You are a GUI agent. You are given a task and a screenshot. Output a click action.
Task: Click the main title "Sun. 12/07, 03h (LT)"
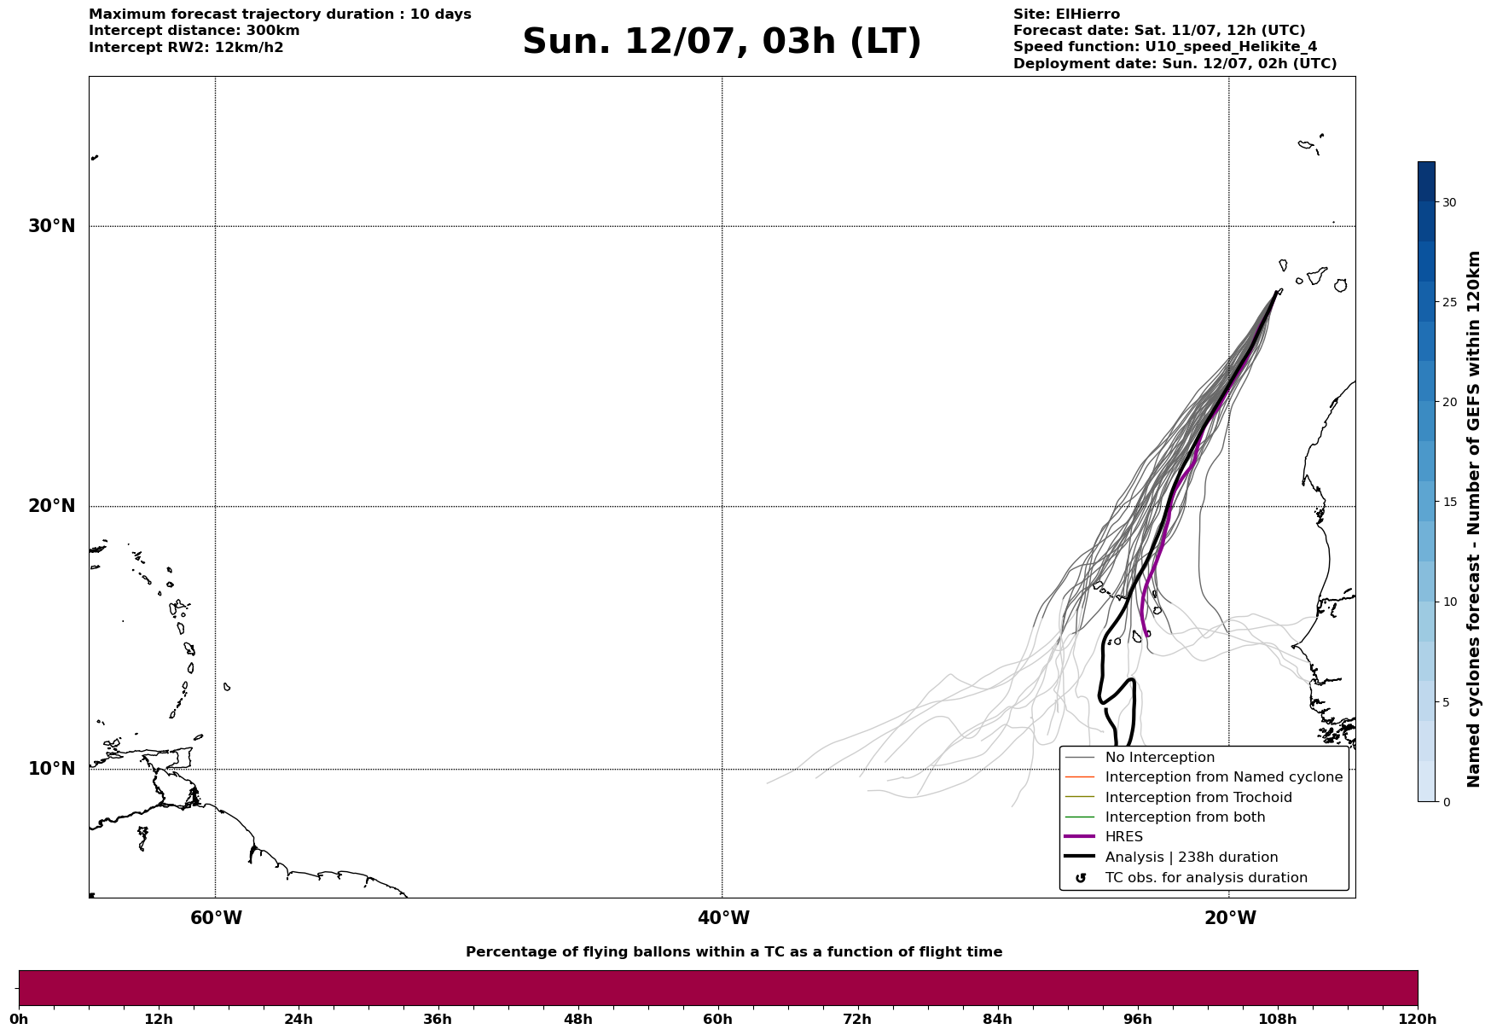(722, 42)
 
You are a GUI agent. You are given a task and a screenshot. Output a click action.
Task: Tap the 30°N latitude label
(51, 226)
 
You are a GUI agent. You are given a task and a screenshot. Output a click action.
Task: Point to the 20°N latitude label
(51, 506)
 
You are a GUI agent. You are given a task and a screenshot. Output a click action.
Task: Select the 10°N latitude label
(51, 769)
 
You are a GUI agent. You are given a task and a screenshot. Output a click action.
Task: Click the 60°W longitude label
(216, 918)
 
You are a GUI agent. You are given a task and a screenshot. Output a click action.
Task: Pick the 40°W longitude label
(723, 918)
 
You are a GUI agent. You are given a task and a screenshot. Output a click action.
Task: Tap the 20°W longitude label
(1230, 918)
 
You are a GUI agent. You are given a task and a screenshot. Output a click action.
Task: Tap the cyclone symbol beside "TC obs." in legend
(1081, 878)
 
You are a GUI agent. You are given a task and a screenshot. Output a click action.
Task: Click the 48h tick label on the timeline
(577, 1019)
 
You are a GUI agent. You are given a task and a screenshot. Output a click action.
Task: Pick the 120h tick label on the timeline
(1417, 1019)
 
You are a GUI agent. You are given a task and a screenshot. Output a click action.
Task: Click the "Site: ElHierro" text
(1066, 15)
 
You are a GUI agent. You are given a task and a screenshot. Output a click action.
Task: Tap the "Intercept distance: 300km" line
(194, 31)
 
